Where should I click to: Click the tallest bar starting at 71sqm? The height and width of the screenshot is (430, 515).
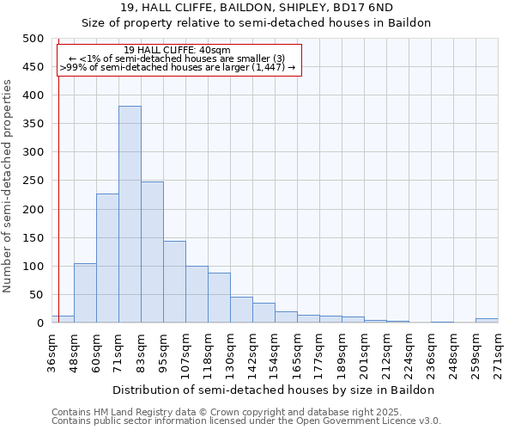pos(130,214)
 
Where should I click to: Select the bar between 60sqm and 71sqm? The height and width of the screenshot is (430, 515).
pos(107,258)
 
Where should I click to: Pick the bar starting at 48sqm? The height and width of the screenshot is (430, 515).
pos(85,293)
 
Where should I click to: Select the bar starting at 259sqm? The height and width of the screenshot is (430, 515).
pos(487,321)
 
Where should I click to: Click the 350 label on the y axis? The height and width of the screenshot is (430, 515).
pos(33,124)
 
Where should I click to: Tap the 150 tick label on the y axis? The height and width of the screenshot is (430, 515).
pos(33,237)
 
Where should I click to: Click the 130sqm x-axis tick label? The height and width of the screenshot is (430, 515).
pos(230,354)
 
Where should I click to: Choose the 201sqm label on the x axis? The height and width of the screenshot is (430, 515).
pos(364,354)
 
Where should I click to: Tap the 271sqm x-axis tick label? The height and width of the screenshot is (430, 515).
pos(498,354)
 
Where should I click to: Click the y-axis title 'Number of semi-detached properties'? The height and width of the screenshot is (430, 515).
pos(9,186)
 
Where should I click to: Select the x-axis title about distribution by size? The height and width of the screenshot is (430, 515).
pos(274,390)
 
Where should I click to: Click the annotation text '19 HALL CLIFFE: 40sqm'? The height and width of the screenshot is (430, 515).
pos(177,51)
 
